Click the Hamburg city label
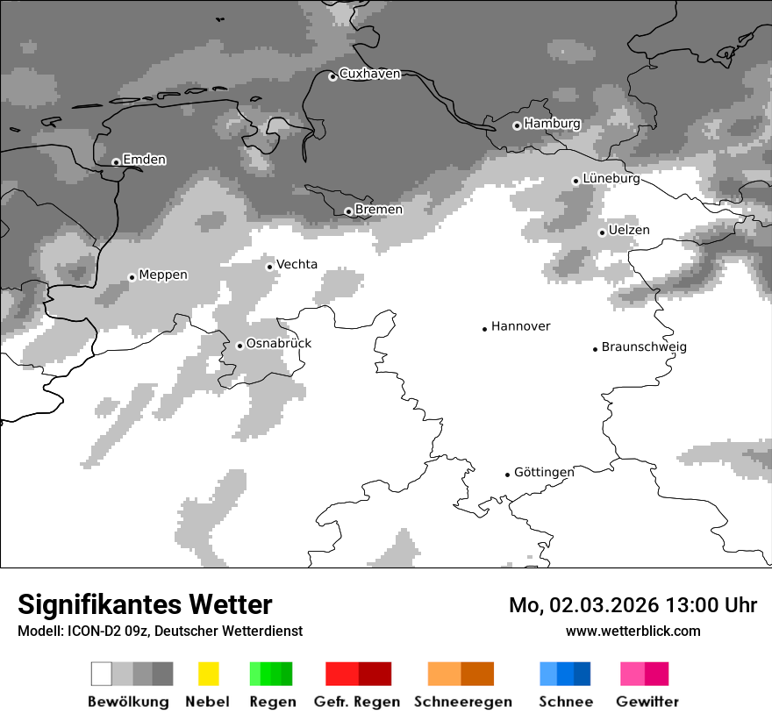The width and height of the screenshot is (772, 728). point(552,124)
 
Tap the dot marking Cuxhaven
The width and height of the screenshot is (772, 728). point(332,77)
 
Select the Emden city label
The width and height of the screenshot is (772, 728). point(144,160)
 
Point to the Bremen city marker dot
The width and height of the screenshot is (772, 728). point(348,211)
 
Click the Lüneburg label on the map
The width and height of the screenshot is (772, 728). point(611,179)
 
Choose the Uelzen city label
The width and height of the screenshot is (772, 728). point(629,231)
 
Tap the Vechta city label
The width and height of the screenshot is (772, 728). point(297,264)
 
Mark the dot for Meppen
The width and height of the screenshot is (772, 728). point(132,277)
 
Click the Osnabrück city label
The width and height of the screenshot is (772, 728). point(278,344)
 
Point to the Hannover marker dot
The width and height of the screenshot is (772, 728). point(484,329)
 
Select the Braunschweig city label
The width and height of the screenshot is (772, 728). point(644,347)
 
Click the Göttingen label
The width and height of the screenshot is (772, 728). point(544,473)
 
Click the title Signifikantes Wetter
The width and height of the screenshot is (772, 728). point(145,605)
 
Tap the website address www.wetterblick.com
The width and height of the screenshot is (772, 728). point(633,632)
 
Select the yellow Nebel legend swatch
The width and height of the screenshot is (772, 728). point(208,674)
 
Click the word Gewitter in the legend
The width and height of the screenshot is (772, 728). point(647,702)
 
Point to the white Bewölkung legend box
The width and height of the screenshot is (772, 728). point(102,674)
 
